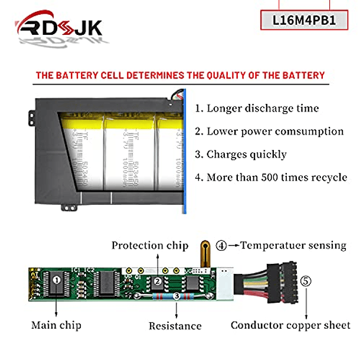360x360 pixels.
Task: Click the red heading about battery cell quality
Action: point(180,76)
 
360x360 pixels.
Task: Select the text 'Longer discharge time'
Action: point(257,108)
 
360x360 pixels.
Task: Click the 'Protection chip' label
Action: point(150,246)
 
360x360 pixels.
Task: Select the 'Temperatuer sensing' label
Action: point(293,245)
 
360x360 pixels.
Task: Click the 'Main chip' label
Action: point(56,325)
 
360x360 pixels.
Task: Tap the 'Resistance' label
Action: point(175,326)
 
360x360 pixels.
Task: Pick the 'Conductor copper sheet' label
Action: point(290,325)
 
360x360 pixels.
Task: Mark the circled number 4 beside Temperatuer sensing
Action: point(221,245)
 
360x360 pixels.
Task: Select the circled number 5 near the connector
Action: point(305,281)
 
